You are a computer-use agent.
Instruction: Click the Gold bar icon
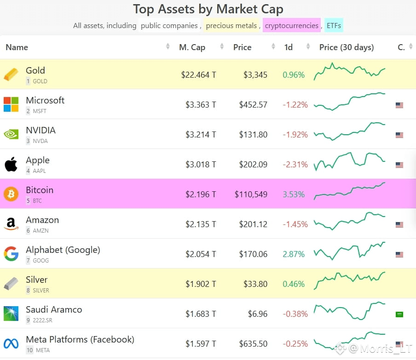click(x=11, y=74)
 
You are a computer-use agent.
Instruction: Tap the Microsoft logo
click(x=11, y=104)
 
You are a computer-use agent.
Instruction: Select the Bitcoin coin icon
click(x=11, y=194)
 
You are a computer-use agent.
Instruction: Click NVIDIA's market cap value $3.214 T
click(x=201, y=135)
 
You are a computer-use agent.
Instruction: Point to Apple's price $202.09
click(x=253, y=165)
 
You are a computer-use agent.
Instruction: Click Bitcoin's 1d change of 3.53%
click(x=294, y=194)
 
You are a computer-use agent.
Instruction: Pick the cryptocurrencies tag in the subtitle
click(x=292, y=25)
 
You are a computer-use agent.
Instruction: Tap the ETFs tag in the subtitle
click(x=334, y=25)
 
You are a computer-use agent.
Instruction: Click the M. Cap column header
click(x=192, y=47)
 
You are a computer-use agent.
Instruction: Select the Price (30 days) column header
click(x=347, y=47)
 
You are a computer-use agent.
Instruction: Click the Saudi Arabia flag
click(x=399, y=314)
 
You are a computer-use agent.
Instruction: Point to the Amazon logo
click(x=11, y=224)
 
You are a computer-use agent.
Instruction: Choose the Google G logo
click(x=11, y=254)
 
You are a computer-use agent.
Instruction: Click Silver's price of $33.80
click(x=255, y=284)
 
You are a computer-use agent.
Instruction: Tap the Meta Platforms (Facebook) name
click(x=80, y=340)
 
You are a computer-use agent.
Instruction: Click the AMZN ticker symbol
click(x=40, y=231)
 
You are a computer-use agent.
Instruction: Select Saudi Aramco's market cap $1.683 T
click(x=201, y=314)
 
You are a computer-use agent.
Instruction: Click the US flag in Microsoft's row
click(x=399, y=105)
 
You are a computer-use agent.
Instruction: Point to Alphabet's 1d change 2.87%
click(x=294, y=254)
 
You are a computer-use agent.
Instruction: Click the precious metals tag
click(x=231, y=25)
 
